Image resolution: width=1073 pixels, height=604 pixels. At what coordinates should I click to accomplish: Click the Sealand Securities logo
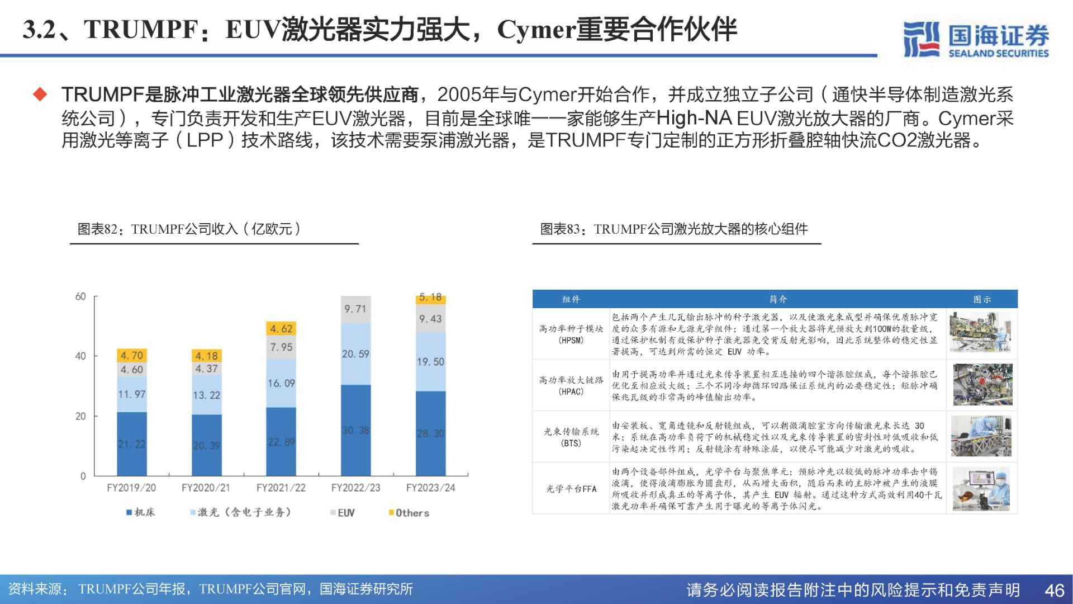[976, 39]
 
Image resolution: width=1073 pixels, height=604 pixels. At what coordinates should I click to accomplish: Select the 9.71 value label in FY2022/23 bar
[355, 309]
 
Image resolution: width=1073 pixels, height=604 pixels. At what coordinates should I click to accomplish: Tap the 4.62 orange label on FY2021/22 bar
[281, 329]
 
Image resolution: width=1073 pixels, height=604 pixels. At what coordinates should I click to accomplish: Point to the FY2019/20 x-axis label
[131, 488]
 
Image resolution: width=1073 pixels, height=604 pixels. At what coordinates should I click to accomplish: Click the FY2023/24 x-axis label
[430, 488]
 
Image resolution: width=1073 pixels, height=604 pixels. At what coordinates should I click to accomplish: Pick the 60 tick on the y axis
[81, 296]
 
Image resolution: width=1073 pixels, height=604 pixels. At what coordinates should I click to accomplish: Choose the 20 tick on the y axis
[81, 416]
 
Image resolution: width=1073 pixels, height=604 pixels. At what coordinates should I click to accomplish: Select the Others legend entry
[409, 513]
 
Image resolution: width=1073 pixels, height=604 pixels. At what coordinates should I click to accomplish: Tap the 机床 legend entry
[141, 512]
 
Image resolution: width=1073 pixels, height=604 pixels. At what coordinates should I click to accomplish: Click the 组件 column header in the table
[571, 300]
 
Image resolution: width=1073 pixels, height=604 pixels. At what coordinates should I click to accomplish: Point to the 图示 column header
[982, 300]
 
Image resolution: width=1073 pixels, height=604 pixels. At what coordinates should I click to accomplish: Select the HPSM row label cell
[571, 334]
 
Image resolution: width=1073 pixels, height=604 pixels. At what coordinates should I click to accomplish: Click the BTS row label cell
[571, 437]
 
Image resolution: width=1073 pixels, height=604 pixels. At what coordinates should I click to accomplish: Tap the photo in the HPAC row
[982, 385]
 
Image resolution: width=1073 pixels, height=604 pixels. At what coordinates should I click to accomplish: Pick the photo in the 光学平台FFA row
[982, 489]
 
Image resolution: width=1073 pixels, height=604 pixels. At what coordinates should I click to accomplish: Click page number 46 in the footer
[1054, 591]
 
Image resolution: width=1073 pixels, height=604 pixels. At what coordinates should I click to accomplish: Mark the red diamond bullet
[40, 94]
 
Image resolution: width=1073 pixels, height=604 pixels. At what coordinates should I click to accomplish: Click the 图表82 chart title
[189, 229]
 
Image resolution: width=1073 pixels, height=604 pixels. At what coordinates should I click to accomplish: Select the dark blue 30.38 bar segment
[355, 430]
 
